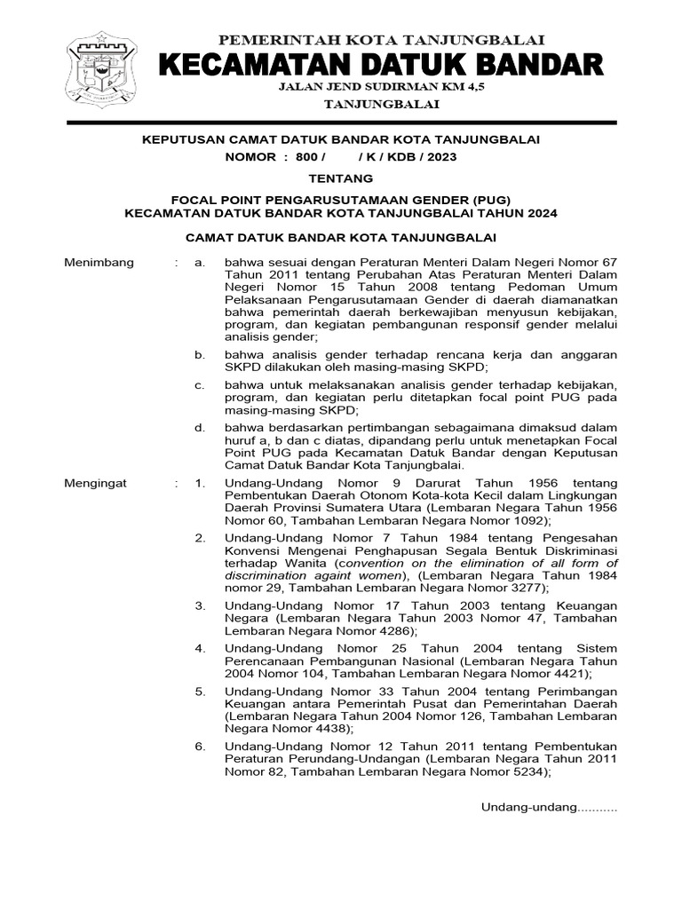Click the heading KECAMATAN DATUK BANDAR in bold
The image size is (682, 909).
coord(382,65)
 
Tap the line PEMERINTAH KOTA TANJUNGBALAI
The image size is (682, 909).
coord(382,39)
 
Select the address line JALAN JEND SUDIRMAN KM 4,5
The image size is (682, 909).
coord(382,87)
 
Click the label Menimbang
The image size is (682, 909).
coord(99,263)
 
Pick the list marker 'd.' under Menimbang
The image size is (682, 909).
coord(201,428)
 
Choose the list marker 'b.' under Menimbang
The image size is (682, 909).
coord(201,354)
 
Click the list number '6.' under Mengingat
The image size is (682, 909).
coord(201,747)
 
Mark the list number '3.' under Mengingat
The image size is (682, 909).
coord(201,605)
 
